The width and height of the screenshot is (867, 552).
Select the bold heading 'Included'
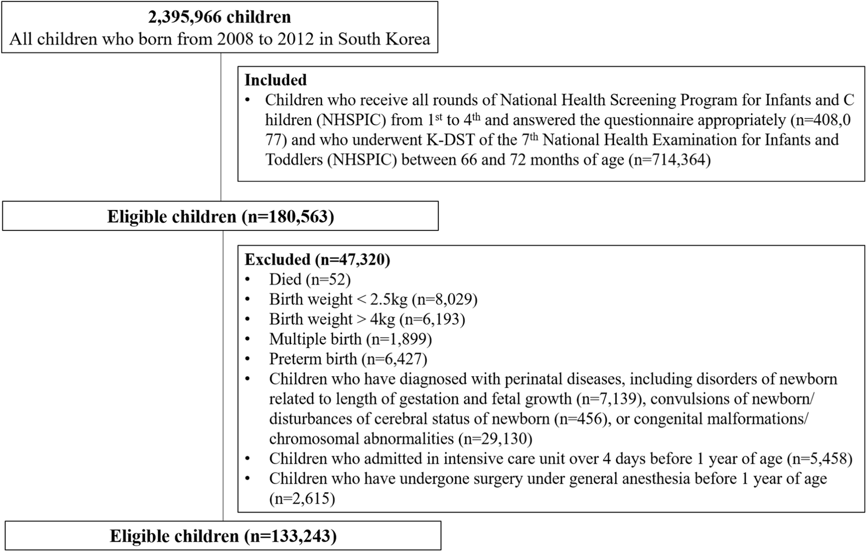[x=275, y=80]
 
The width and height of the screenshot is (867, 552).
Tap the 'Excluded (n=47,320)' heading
[x=317, y=259]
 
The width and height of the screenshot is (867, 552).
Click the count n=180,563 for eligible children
[x=288, y=217]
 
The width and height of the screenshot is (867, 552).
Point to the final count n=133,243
[x=291, y=536]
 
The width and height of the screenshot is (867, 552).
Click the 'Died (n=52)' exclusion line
[x=310, y=279]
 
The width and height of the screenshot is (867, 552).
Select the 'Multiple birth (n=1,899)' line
[x=350, y=339]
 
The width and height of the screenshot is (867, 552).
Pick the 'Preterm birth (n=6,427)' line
[x=348, y=359]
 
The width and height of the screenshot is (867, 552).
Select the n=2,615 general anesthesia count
[x=302, y=498]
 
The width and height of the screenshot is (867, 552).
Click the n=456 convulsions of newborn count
[x=582, y=419]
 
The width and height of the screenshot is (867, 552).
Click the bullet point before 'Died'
[x=248, y=279]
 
